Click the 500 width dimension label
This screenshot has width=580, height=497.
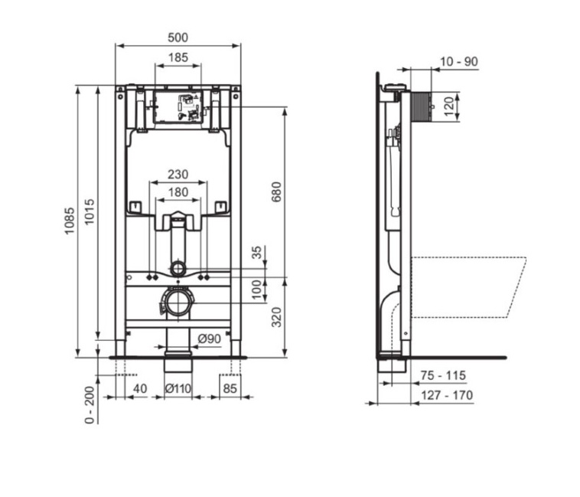178,38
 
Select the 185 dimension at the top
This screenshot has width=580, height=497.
178,57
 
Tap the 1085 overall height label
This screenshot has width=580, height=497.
70,221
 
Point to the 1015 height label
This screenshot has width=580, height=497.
90,211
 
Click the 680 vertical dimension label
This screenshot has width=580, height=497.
277,191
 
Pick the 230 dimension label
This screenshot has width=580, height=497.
178,174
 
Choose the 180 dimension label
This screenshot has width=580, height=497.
178,191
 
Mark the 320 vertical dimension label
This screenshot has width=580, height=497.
277,317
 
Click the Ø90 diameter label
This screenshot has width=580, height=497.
209,338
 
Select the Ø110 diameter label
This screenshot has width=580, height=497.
178,388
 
